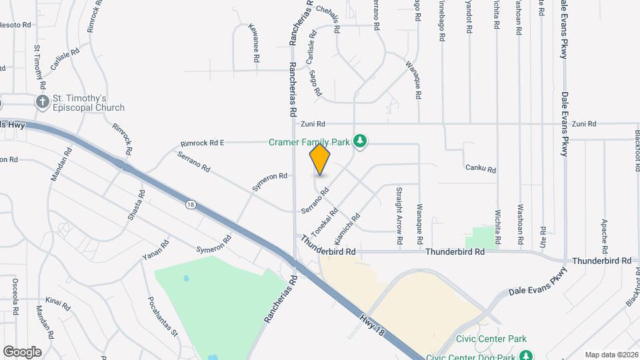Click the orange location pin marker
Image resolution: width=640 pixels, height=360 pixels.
(320, 160)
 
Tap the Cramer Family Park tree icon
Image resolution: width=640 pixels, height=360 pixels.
(360, 141)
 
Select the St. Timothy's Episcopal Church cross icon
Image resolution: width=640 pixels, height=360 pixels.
(43, 102)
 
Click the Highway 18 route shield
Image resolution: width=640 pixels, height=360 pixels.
(192, 205)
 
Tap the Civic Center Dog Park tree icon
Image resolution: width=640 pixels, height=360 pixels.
(526, 356)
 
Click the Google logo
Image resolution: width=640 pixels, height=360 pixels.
(22, 351)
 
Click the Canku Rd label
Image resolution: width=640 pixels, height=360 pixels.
(481, 169)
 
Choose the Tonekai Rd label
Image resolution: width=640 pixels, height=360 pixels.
(322, 221)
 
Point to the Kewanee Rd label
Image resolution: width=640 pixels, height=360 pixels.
(254, 43)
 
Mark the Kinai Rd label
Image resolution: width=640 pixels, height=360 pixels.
(58, 303)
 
